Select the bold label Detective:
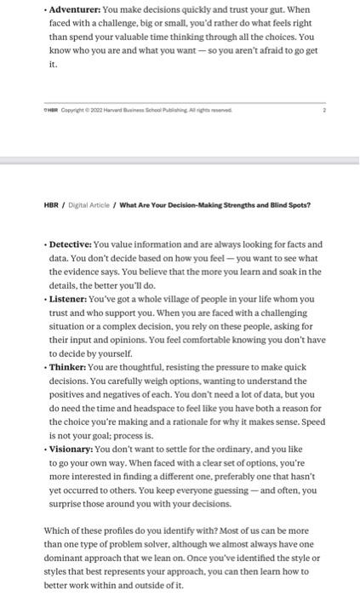(x=71, y=244)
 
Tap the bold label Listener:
(x=70, y=299)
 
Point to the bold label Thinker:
(x=68, y=367)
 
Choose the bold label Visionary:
(x=71, y=449)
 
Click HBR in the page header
(x=51, y=205)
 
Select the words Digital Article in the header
(x=89, y=205)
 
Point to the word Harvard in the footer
(x=111, y=110)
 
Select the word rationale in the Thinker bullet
(x=220, y=421)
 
